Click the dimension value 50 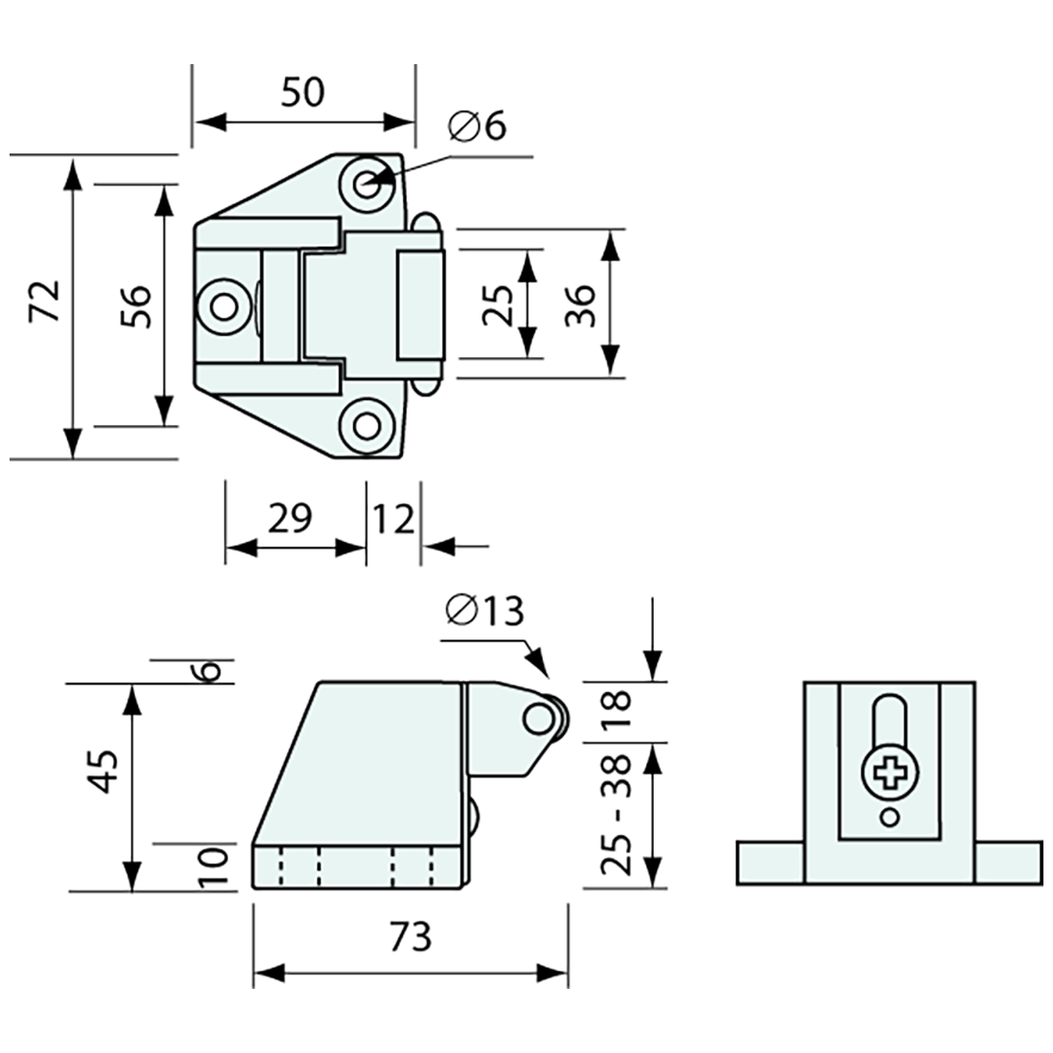[303, 92]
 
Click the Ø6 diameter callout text [475, 126]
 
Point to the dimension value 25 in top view [499, 304]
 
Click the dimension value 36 [580, 304]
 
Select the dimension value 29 [289, 518]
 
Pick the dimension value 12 [394, 518]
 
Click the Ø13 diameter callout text [485, 610]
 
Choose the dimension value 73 [410, 935]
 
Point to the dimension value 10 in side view [214, 867]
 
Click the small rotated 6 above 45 [213, 670]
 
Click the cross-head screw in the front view [888, 772]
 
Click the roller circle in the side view [542, 717]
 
